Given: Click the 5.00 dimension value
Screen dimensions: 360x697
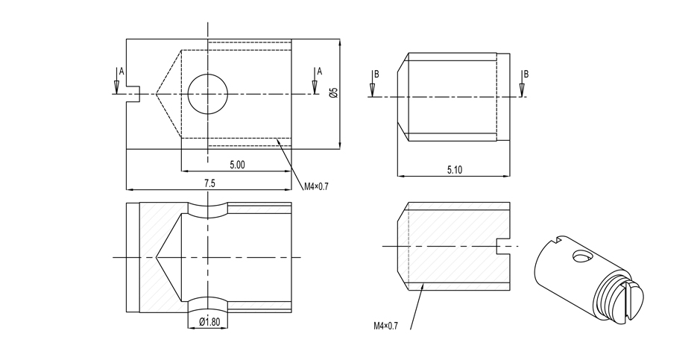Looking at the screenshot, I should click(237, 164).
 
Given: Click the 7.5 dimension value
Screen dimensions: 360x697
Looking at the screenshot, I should click(209, 183).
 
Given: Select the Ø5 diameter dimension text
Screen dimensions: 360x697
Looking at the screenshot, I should click(334, 92).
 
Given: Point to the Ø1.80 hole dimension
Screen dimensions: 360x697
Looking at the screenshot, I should click(209, 322).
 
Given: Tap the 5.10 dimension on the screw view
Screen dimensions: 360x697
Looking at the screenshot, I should click(454, 170).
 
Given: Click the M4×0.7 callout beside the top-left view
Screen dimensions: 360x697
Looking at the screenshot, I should click(315, 186).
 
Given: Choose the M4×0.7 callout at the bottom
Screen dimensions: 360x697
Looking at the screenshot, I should click(386, 326).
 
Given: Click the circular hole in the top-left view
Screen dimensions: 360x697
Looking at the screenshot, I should click(207, 94).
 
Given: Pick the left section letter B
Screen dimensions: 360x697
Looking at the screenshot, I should click(377, 75).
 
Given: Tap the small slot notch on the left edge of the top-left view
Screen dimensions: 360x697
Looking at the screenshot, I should click(134, 94).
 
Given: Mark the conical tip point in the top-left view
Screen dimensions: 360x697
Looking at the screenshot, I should click(157, 94).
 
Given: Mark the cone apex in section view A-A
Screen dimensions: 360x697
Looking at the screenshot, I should click(157, 257).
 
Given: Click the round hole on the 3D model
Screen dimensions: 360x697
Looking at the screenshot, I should click(581, 257).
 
